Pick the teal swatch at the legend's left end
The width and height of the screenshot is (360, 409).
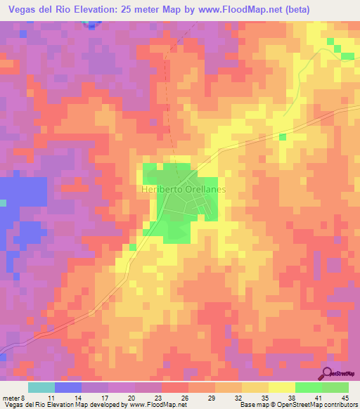(41, 387)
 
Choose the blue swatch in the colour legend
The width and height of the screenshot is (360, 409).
(67, 387)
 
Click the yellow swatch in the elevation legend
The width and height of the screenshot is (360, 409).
(281, 387)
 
